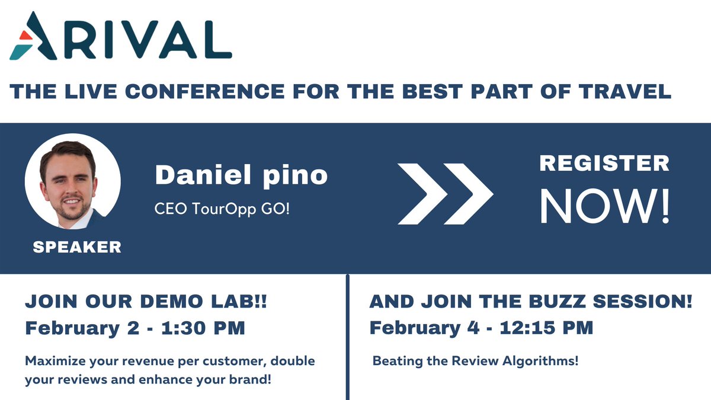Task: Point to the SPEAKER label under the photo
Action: [x=77, y=247]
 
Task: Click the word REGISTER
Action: [x=604, y=163]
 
